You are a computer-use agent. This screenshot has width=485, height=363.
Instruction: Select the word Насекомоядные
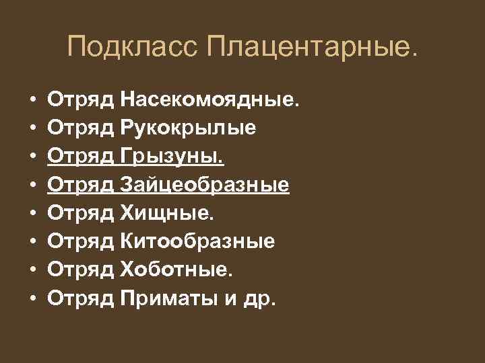pos(207,100)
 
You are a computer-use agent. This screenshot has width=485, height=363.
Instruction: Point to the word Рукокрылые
pos(188,128)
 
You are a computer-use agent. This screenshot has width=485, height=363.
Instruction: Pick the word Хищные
pos(168,213)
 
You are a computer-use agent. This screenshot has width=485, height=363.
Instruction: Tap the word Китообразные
pos(197,241)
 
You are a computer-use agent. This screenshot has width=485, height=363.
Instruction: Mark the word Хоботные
pos(176,270)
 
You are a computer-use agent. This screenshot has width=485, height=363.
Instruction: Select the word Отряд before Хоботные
pos(81,270)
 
